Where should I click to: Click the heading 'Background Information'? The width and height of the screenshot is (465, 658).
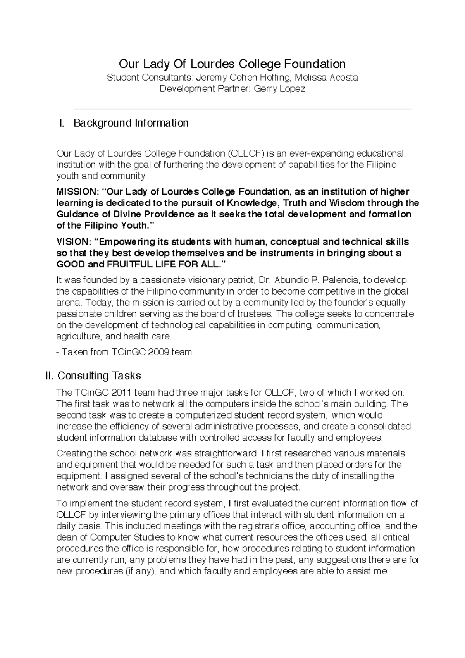[131, 123]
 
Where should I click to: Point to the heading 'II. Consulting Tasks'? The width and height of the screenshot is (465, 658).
[93, 376]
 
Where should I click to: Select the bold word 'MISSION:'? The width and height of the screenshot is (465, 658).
[77, 192]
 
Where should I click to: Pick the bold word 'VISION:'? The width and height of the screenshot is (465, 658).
[73, 242]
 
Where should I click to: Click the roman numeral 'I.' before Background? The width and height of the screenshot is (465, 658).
[61, 123]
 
